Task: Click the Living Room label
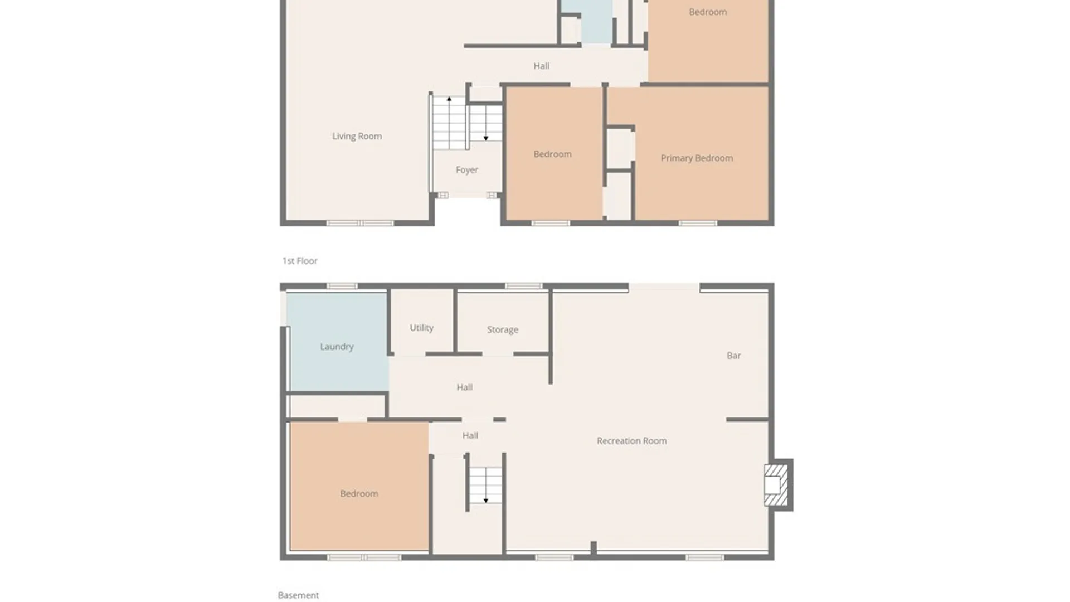(x=357, y=136)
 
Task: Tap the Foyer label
(x=466, y=170)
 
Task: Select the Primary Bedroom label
(x=697, y=158)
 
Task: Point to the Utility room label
(x=421, y=328)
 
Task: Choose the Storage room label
(x=502, y=329)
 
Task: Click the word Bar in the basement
(x=733, y=356)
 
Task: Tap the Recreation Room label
(x=631, y=441)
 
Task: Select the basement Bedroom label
(x=359, y=493)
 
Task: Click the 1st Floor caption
(x=300, y=261)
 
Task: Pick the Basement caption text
(x=298, y=595)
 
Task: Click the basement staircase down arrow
(x=485, y=500)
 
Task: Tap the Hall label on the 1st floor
(x=541, y=66)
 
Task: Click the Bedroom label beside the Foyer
(x=552, y=154)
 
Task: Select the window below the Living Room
(x=360, y=223)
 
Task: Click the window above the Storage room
(x=523, y=286)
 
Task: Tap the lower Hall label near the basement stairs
(x=470, y=436)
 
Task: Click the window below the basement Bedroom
(x=364, y=557)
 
